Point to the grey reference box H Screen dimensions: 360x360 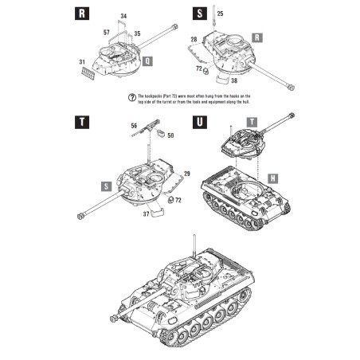pos(272,178)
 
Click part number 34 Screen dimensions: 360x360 pos(123,16)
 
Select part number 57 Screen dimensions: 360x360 pos(106,31)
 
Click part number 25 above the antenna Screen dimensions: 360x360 pos(221,14)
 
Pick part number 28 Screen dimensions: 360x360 pos(194,39)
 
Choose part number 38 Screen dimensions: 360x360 pos(233,80)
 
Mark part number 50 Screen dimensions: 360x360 pos(170,135)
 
